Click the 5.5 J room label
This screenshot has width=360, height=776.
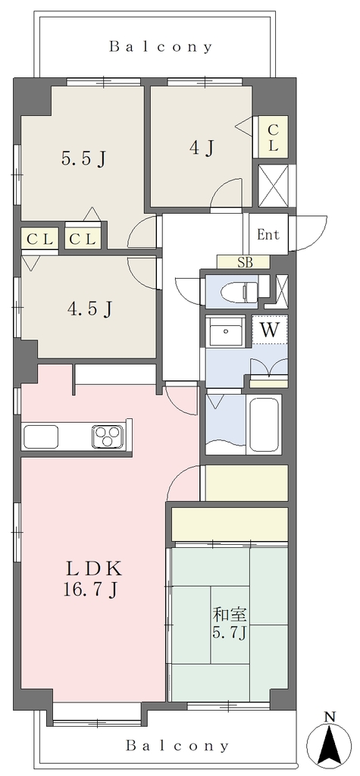(84, 159)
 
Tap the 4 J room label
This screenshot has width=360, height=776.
(202, 148)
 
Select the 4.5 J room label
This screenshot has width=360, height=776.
(89, 309)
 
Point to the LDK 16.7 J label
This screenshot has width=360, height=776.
(93, 579)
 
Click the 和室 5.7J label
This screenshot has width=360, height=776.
(230, 624)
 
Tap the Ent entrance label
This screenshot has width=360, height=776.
(268, 235)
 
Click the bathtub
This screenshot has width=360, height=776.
(266, 423)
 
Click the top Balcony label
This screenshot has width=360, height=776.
(161, 47)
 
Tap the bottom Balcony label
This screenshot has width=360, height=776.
(177, 746)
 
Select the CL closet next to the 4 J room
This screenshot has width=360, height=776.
(273, 138)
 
